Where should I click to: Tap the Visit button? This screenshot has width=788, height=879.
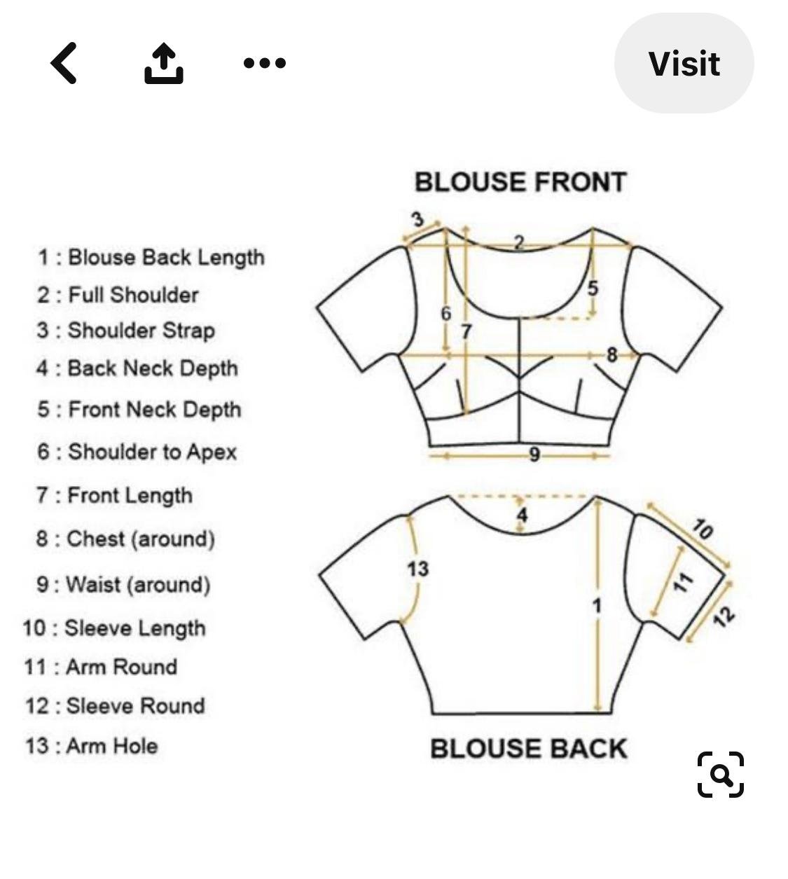(x=684, y=63)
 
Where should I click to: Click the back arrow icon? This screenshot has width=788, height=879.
(x=64, y=63)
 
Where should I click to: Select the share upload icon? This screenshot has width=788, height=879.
(x=164, y=63)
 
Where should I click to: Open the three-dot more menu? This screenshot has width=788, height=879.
(x=265, y=63)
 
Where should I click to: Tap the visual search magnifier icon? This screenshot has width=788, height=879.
(x=720, y=775)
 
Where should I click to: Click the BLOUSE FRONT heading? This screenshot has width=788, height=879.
(x=520, y=182)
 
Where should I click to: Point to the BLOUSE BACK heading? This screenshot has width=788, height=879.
(x=529, y=749)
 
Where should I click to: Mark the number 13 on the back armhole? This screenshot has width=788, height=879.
(x=417, y=569)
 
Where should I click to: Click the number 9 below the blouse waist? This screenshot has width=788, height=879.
(x=534, y=455)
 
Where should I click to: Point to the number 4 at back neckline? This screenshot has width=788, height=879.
(x=522, y=515)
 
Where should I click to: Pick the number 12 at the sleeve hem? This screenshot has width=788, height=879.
(x=724, y=616)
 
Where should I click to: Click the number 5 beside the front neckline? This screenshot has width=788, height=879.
(x=593, y=288)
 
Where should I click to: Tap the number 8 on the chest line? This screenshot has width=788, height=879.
(x=611, y=355)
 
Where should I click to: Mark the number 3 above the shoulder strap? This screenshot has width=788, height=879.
(x=417, y=219)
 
